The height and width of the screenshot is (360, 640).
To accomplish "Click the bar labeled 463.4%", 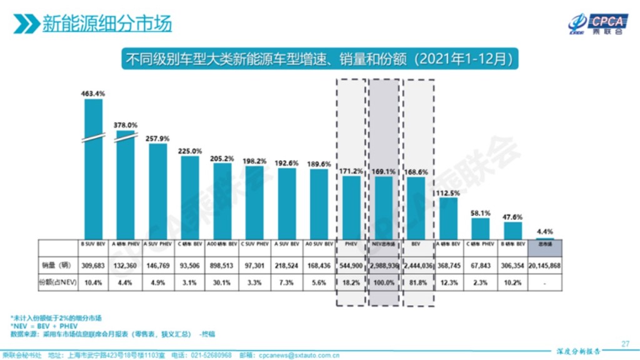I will [93, 169].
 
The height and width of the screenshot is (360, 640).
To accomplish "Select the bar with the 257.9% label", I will [157, 191].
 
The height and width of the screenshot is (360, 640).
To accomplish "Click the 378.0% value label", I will [125, 125].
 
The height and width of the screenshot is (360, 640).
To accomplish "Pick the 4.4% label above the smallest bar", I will [544, 232].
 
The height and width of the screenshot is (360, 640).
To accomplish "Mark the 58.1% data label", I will [480, 213].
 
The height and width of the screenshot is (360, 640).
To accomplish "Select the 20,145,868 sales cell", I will [544, 266].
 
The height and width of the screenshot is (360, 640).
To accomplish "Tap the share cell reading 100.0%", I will [383, 282].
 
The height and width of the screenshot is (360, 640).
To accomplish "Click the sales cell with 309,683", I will [93, 266].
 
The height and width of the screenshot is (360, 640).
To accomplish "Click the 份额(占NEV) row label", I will [58, 282].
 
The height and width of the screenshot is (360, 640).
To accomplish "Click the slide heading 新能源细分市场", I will [106, 23].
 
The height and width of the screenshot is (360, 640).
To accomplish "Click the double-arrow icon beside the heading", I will [26, 24].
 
